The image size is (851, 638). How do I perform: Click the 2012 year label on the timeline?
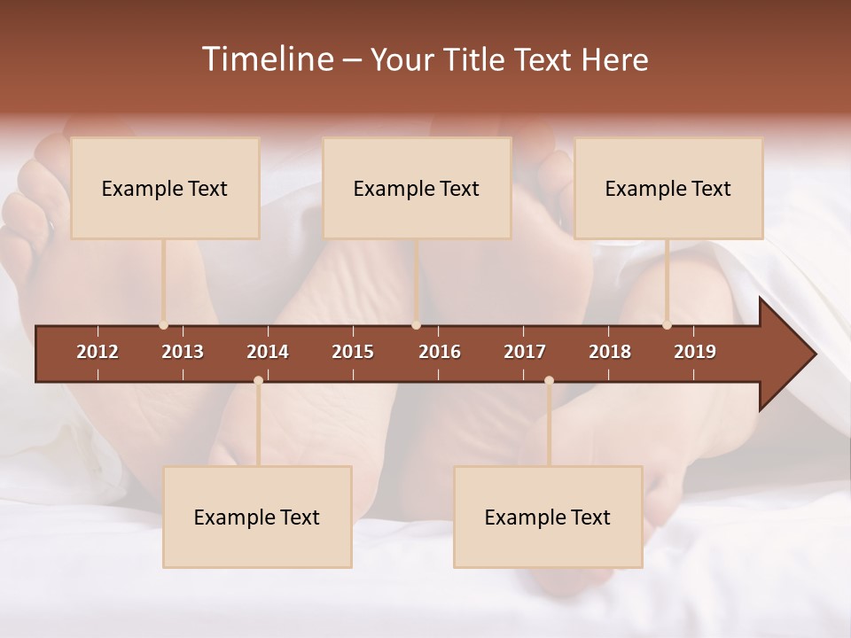coord(98,352)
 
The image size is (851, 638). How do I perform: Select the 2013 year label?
coord(183,352)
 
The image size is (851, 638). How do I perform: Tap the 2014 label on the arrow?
coord(268,352)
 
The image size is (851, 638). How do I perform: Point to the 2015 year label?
coord(353,352)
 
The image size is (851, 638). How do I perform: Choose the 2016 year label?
coord(440,352)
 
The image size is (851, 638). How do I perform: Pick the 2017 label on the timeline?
coord(525,352)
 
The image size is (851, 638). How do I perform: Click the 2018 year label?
coord(610,352)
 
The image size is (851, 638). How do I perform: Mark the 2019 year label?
coord(695,352)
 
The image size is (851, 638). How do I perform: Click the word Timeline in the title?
coord(267,59)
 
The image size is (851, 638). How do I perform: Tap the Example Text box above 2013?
coord(165,188)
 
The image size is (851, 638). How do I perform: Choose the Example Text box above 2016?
coord(417,188)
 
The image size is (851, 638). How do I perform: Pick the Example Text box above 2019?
coord(668,188)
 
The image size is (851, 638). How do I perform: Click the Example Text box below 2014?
coord(257,517)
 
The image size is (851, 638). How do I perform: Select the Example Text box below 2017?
coord(548,517)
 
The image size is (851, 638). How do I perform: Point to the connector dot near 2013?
coord(164,325)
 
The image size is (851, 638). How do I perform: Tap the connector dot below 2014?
coord(258,381)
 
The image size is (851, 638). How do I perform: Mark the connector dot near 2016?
coord(417,325)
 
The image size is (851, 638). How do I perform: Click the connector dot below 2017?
coord(549,381)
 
